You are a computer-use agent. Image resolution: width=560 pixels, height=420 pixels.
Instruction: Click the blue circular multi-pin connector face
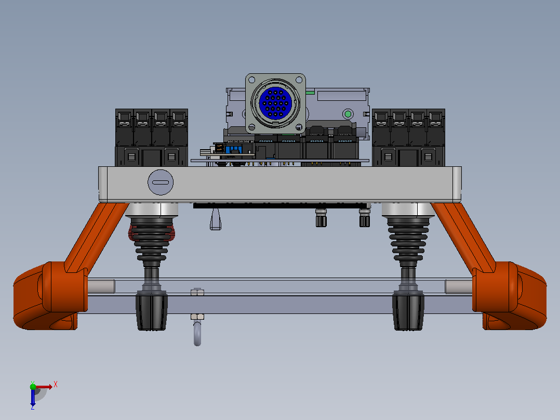click(275, 102)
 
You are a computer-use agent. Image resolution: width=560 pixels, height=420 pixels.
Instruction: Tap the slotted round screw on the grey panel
click(161, 182)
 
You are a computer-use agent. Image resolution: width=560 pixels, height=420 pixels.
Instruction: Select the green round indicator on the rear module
click(348, 114)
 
